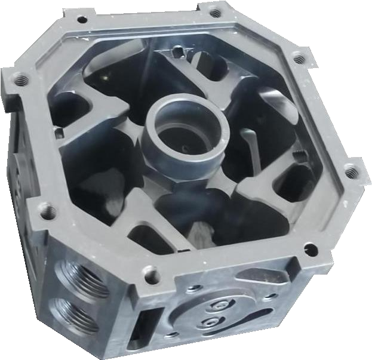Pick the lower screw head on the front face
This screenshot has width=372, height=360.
point(210,323)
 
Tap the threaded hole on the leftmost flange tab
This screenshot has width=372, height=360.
point(18,78)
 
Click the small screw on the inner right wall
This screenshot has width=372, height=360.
point(297,156)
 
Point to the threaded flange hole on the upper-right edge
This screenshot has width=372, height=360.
point(296,59)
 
